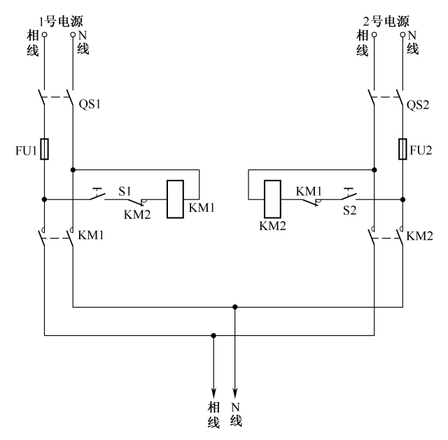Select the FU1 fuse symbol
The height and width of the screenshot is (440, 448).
[45, 149]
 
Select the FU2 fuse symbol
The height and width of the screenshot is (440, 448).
[402, 149]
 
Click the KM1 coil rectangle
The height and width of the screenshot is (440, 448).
[174, 199]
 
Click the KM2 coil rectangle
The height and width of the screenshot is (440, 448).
[272, 199]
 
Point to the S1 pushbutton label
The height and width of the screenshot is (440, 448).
[125, 190]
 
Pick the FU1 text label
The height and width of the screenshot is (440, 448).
[25, 150]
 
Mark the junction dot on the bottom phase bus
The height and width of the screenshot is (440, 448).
[214, 335]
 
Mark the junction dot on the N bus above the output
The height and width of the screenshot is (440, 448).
[235, 306]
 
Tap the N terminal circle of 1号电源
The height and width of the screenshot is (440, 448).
[73, 34]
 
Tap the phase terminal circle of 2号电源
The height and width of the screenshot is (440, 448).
[374, 34]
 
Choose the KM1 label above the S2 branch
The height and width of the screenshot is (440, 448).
[308, 190]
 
